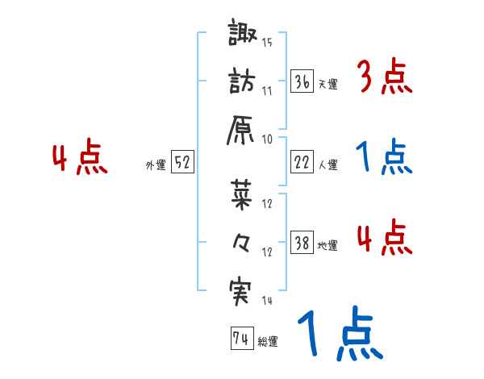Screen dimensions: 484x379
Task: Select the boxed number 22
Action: [302, 162]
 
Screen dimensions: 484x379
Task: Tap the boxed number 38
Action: [302, 244]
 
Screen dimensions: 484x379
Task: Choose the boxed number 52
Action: [182, 162]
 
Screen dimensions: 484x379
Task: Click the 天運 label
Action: [328, 84]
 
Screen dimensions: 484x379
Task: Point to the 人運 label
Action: [328, 165]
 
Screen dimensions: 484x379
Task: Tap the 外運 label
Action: [155, 165]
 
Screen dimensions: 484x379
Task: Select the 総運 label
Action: [268, 342]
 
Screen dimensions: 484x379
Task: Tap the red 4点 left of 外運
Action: [79, 160]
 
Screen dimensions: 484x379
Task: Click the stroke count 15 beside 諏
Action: [267, 42]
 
